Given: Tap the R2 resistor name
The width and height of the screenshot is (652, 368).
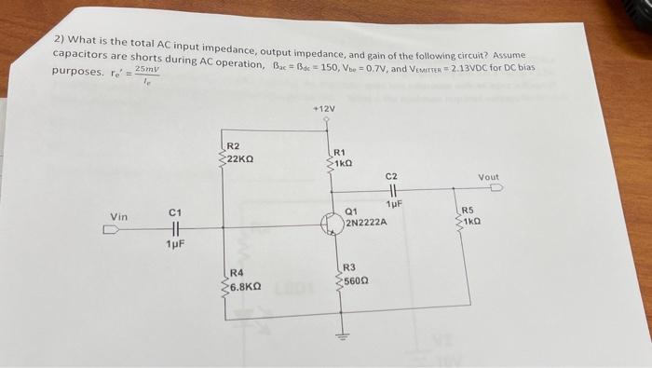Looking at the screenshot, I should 233,146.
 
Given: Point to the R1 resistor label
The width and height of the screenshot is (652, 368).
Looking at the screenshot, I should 339,151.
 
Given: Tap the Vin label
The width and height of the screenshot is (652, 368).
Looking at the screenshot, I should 118,217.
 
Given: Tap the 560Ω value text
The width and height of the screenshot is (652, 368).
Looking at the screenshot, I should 359,280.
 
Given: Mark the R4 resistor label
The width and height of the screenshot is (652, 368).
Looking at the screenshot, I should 237,274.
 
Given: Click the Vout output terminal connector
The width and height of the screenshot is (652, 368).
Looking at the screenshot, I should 496,187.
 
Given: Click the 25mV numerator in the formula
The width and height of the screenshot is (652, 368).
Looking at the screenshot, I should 147,68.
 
